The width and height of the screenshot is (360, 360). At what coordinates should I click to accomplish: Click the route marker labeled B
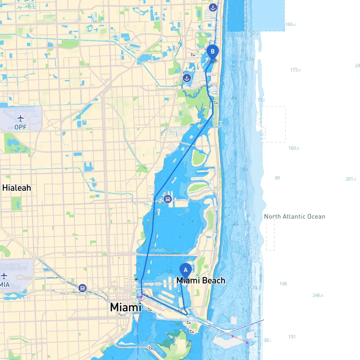pyautogui.click(x=213, y=52)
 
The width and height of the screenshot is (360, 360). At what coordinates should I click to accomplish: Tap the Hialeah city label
pyautogui.click(x=17, y=188)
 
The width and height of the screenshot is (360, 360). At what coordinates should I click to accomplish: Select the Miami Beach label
pyautogui.click(x=201, y=280)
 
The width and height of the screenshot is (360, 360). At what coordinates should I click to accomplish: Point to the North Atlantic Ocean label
pyautogui.click(x=294, y=217)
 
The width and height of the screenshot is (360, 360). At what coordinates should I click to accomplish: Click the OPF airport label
pyautogui.click(x=21, y=127)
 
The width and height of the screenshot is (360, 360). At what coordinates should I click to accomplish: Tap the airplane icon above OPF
pyautogui.click(x=21, y=118)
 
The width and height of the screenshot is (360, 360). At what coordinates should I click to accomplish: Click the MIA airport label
pyautogui.click(x=5, y=285)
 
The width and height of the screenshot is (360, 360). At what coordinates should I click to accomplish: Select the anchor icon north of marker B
pyautogui.click(x=213, y=8)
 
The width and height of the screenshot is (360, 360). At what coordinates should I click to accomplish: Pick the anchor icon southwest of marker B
pyautogui.click(x=187, y=78)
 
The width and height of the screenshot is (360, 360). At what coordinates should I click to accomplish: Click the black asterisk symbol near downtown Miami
pyautogui.click(x=136, y=279)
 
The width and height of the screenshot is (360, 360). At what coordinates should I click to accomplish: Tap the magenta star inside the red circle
pyautogui.click(x=141, y=297)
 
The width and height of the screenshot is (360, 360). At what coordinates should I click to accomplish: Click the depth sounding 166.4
pyautogui.click(x=290, y=24)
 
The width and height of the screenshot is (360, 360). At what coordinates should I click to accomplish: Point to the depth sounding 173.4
pyautogui.click(x=295, y=70)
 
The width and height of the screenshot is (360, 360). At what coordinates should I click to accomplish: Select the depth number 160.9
pyautogui.click(x=294, y=148)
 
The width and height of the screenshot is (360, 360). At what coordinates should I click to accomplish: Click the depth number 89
pyautogui.click(x=278, y=178)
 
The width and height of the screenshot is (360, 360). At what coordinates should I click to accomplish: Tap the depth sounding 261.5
pyautogui.click(x=351, y=179)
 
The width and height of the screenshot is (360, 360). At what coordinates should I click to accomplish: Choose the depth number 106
pyautogui.click(x=283, y=283)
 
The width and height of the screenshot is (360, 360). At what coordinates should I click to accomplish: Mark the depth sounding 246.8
pyautogui.click(x=318, y=295)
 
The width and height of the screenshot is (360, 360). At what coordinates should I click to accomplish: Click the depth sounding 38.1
pyautogui.click(x=267, y=340)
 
